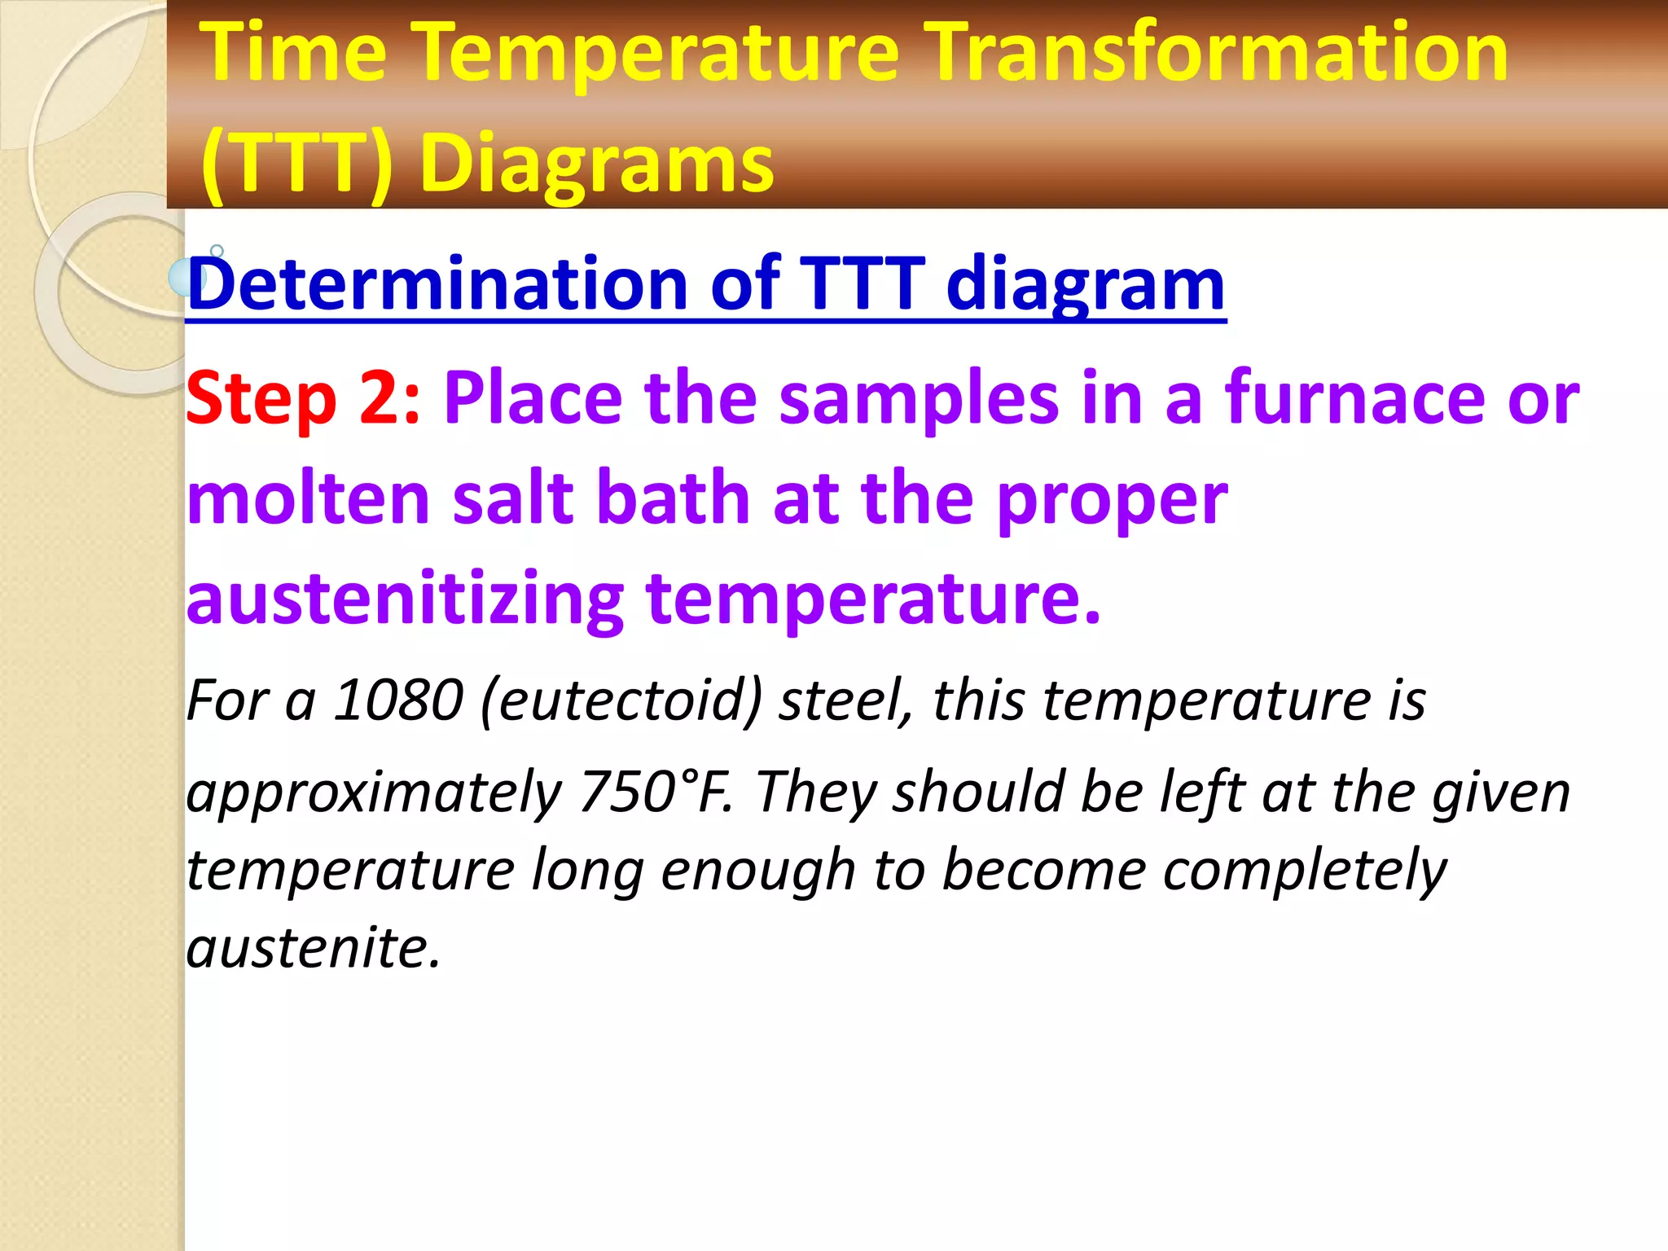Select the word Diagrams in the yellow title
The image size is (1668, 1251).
coord(596,165)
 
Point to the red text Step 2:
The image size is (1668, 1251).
coord(303,399)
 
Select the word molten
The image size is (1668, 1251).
coord(308,498)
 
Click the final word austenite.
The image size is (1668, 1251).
coord(313,948)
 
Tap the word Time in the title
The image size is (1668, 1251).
coord(294,54)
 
